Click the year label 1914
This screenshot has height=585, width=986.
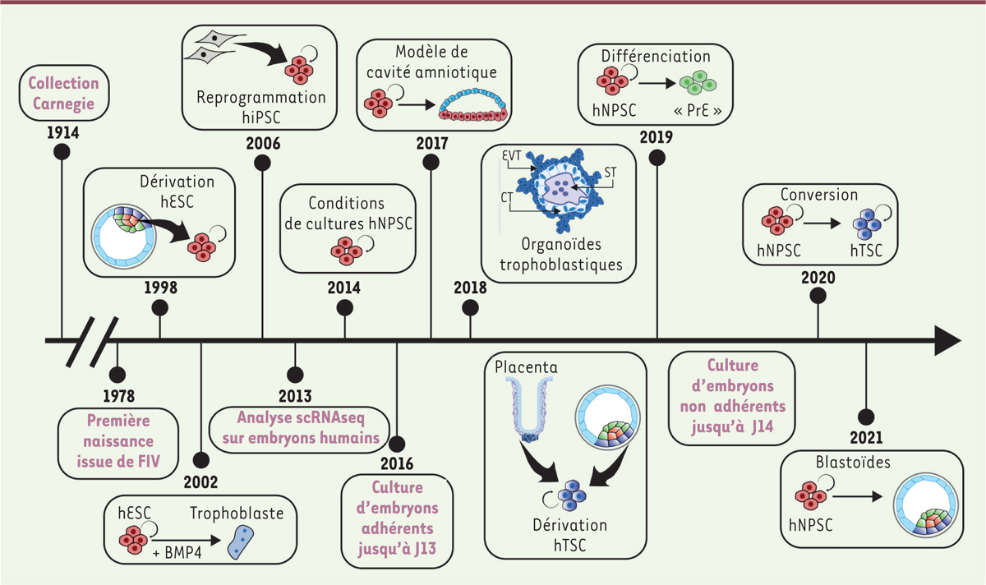coord(63,132)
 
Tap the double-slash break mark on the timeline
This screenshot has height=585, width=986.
coord(97,339)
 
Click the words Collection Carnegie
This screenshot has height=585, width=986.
coord(63,94)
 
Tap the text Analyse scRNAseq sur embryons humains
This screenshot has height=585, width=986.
coord(297,427)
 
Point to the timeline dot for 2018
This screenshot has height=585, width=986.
coord(470,307)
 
